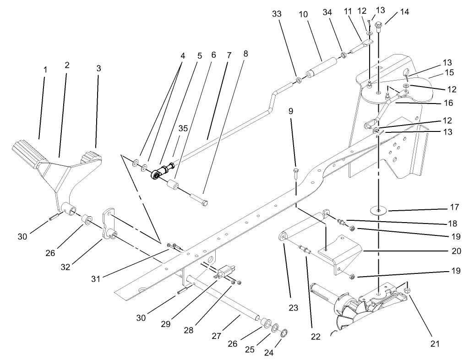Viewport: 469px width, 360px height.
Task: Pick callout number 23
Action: pyautogui.click(x=293, y=308)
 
